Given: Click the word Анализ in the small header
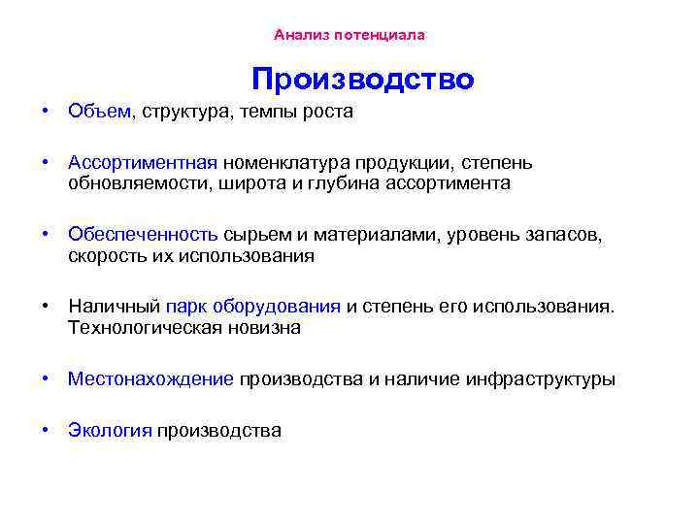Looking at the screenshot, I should (x=300, y=35).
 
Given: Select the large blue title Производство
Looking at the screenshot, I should (x=362, y=79).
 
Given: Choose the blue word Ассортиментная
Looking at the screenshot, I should (x=143, y=162).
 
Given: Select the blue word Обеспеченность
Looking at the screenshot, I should (x=143, y=235).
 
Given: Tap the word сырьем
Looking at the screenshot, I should (x=256, y=235).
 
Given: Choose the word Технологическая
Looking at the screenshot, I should (x=142, y=327).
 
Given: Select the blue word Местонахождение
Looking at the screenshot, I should (x=150, y=378).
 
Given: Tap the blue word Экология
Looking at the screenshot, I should (x=110, y=430).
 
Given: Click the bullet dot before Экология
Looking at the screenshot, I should (x=46, y=430).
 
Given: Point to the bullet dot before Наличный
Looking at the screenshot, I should (x=46, y=307).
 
